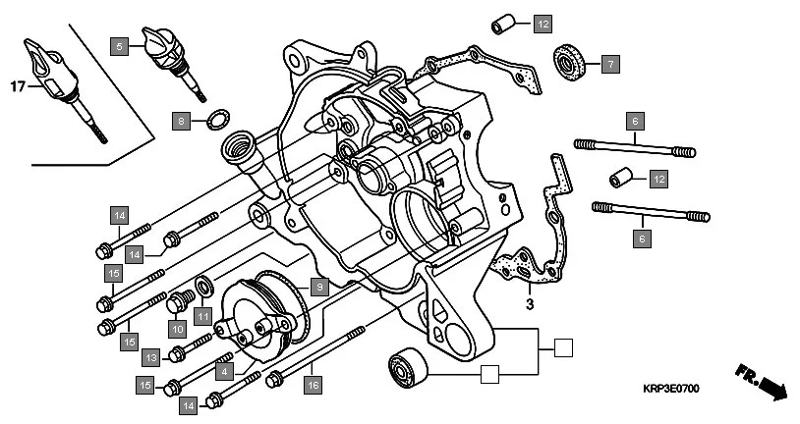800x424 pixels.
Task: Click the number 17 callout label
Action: tap(16, 87)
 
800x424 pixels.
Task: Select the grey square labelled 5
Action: tap(119, 46)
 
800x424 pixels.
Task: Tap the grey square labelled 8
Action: tap(180, 122)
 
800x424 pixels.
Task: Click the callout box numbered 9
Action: tap(317, 287)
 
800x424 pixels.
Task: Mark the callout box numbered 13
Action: tap(151, 356)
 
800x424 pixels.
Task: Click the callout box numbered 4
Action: tap(224, 372)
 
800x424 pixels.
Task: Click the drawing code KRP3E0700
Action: tap(673, 390)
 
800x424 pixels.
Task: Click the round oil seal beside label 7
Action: tap(569, 60)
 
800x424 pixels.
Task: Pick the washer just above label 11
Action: tap(204, 288)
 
